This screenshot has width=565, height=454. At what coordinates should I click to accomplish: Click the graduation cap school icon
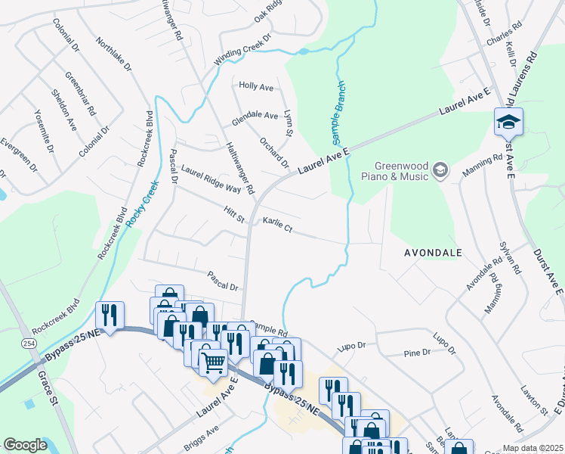tap(508, 121)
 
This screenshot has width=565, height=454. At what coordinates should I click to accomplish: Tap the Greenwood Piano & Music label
tap(400, 171)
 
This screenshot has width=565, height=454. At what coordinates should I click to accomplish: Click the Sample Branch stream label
tap(339, 113)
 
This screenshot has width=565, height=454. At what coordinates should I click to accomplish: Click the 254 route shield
tap(28, 344)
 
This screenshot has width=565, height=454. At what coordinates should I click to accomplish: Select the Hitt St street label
tap(235, 214)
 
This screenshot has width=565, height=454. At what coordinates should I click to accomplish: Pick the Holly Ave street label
tap(256, 87)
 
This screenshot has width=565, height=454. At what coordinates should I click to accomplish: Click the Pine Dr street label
tap(417, 353)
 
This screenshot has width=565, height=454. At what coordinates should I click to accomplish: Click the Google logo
tap(25, 445)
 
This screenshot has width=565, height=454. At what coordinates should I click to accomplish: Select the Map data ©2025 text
tap(532, 448)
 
